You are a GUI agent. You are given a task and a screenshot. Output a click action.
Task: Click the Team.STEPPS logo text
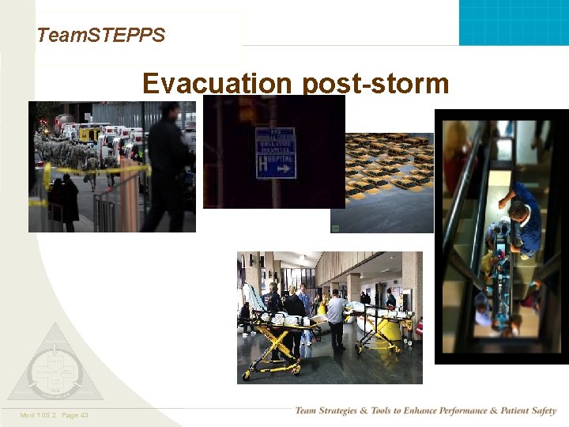[100, 35]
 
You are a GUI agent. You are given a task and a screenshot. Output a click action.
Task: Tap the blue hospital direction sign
[275, 153]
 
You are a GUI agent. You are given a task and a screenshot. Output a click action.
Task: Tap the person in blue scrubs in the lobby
[304, 308]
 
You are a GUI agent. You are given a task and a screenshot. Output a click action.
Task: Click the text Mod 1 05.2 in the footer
[37, 415]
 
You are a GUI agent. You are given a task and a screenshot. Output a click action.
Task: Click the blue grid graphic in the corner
[514, 22]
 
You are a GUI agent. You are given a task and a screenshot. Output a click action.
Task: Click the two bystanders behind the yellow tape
[63, 198]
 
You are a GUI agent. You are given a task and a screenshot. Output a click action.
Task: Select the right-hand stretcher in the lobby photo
[383, 324]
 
